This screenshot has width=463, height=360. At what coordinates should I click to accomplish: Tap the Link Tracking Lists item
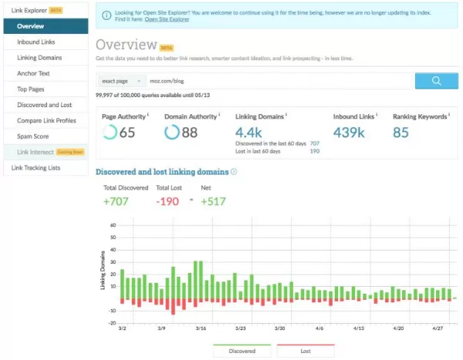coord(35,167)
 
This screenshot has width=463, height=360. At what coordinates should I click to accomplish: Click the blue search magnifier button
coord(436,80)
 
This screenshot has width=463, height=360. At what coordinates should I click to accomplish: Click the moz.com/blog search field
coord(278,80)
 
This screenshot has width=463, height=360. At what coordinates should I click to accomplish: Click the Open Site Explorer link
coord(168,29)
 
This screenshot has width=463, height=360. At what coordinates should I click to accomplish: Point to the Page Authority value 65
coord(127,133)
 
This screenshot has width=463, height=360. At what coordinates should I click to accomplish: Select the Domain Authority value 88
coord(189,133)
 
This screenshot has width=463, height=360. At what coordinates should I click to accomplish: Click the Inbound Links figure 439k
coord(349,133)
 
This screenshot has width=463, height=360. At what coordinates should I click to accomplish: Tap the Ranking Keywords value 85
coord(400,133)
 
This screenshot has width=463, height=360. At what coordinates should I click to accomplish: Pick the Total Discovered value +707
coord(115,201)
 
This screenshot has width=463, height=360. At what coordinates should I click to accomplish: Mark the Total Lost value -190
coord(167,201)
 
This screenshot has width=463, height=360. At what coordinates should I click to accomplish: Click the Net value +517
coord(213,201)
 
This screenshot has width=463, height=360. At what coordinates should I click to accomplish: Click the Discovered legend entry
coord(242,351)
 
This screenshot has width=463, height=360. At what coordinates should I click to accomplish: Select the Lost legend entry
coord(305,351)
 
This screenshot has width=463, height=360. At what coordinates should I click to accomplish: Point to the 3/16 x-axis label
coord(200,328)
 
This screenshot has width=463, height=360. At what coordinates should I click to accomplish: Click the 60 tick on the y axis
coord(112,226)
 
